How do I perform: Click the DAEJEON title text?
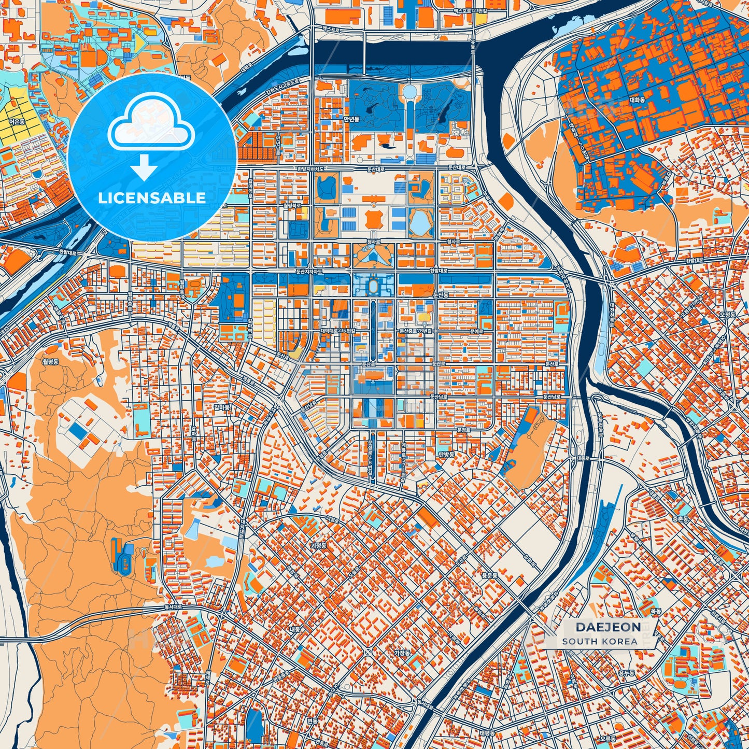pyautogui.click(x=601, y=627)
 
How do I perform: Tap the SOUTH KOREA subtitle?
pyautogui.click(x=600, y=641)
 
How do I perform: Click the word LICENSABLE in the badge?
pyautogui.click(x=152, y=198)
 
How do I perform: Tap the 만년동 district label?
pyautogui.click(x=351, y=119)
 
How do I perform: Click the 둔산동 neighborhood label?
pyautogui.click(x=440, y=294)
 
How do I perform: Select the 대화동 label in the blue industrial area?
pyautogui.click(x=637, y=100)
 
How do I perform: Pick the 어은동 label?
pyautogui.click(x=17, y=121)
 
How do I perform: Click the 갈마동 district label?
pyautogui.click(x=222, y=407)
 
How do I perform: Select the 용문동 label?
pyautogui.click(x=489, y=575)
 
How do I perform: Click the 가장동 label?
pyautogui.click(x=402, y=653)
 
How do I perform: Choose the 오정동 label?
pyautogui.click(x=727, y=314)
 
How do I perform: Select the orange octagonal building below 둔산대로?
pyautogui.click(x=374, y=219)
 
